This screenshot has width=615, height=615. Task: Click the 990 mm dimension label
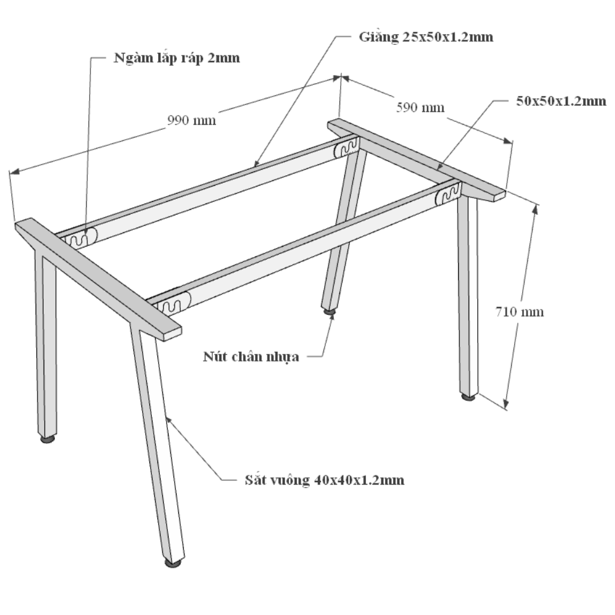[191, 120]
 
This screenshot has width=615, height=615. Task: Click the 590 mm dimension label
[420, 108]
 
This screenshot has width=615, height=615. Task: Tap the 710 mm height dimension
[519, 312]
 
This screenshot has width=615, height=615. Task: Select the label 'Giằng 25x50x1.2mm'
[426, 37]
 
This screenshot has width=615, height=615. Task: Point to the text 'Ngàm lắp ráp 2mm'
[177, 58]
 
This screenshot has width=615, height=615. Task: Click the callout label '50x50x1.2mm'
[561, 101]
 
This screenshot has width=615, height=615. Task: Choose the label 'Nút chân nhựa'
[251, 357]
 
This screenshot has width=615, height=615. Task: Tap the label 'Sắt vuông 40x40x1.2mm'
[324, 480]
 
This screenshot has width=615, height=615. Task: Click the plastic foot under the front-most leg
[173, 563]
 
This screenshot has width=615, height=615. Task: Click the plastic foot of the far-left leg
[47, 439]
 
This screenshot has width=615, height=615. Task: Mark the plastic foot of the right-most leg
[468, 397]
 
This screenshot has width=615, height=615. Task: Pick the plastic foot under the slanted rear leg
[330, 311]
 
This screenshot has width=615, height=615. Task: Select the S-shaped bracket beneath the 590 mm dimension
[347, 147]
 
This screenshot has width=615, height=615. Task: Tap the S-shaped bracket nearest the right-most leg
[448, 194]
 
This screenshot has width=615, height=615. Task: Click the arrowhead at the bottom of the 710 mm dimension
[506, 404]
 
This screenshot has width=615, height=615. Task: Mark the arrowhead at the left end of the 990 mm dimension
[14, 171]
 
